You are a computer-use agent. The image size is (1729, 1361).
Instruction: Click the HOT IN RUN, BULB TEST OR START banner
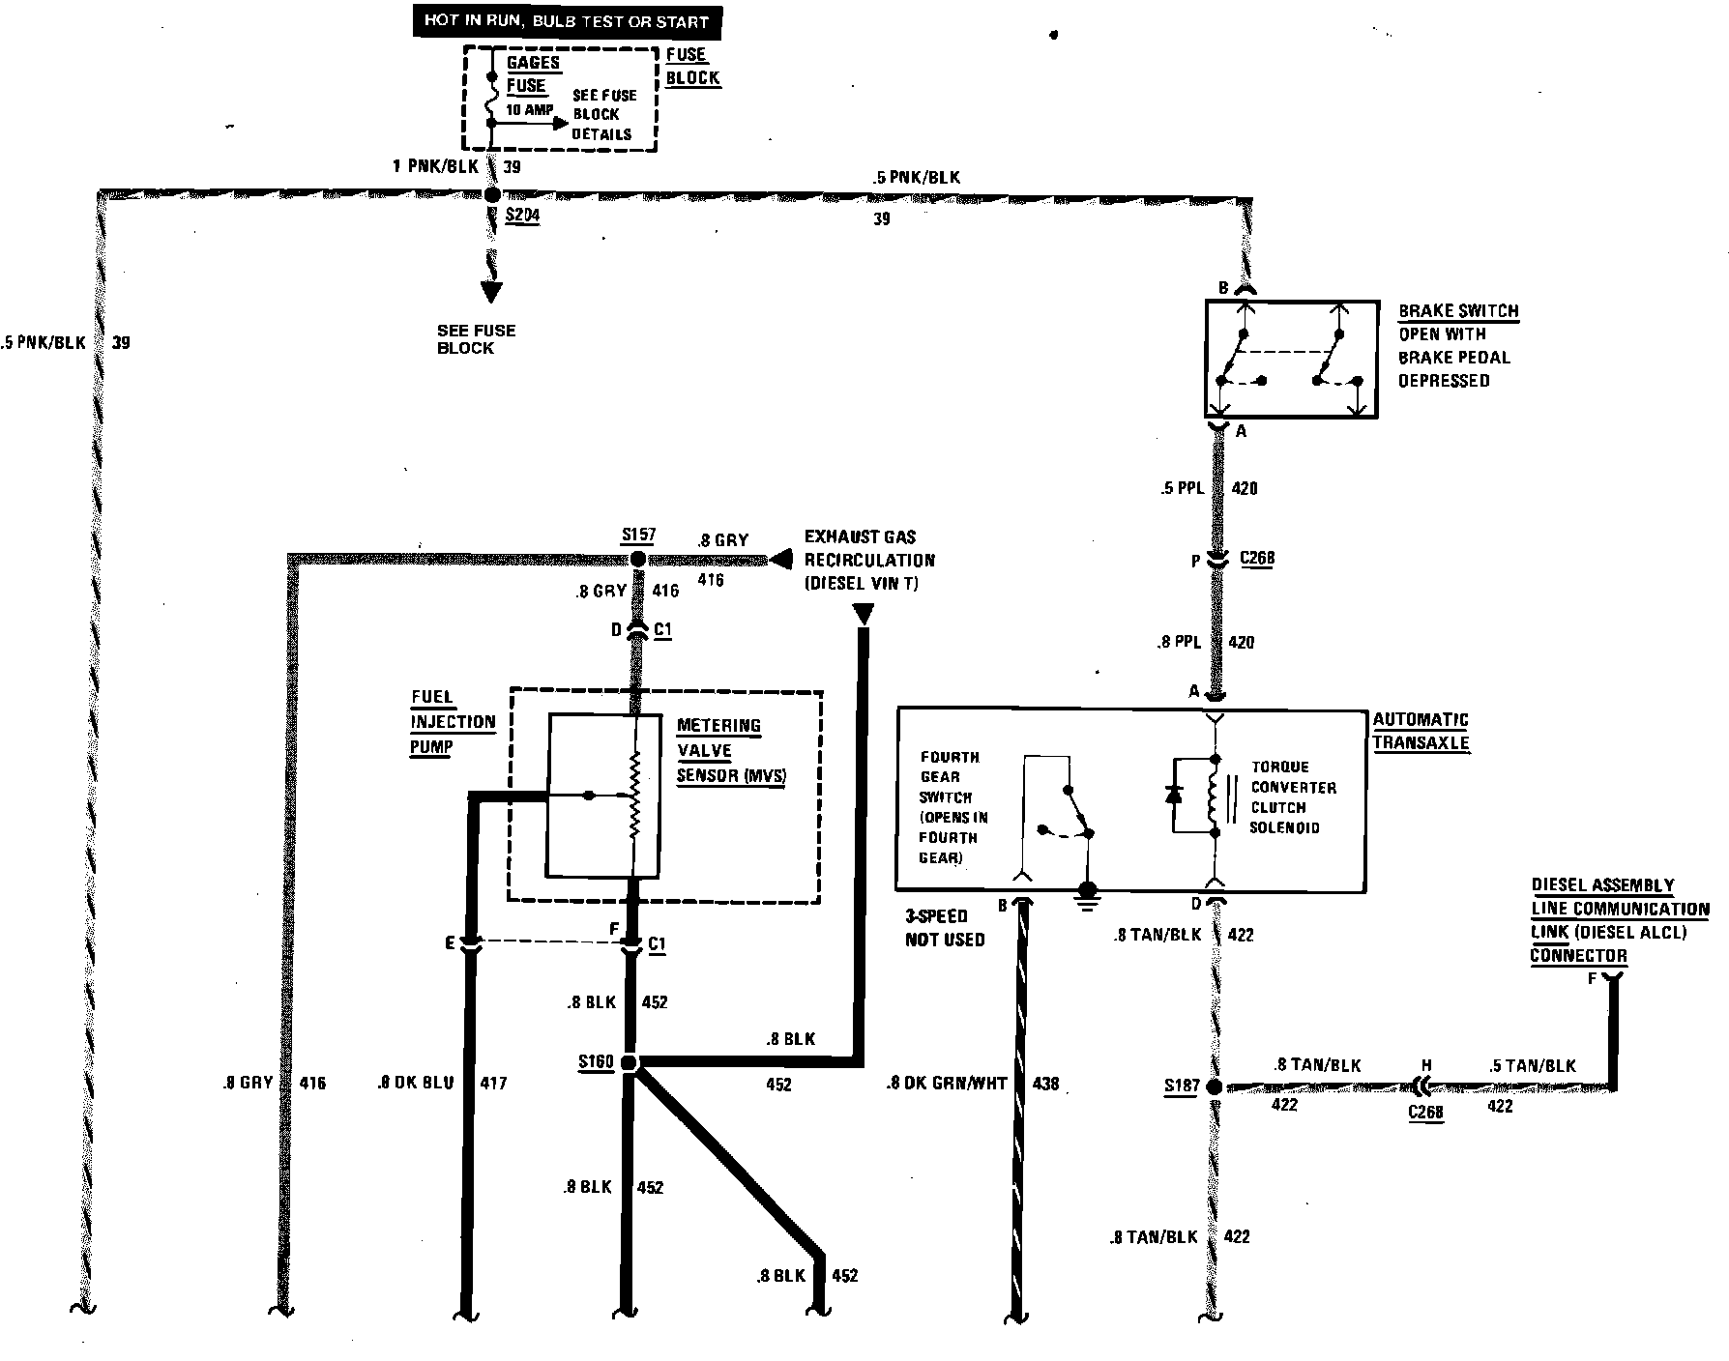pyautogui.click(x=567, y=21)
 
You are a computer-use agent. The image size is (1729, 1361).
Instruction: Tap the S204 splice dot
pyautogui.click(x=492, y=194)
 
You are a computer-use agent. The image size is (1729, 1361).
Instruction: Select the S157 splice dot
pyautogui.click(x=637, y=559)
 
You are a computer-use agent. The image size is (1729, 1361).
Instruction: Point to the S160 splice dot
pyautogui.click(x=630, y=1063)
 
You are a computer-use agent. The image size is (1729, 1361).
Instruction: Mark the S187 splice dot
pyautogui.click(x=1216, y=1086)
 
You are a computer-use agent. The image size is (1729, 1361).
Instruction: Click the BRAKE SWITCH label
pyautogui.click(x=1458, y=311)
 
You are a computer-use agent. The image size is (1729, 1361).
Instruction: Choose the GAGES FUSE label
pyautogui.click(x=532, y=74)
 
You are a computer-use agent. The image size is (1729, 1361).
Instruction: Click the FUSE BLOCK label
pyautogui.click(x=692, y=66)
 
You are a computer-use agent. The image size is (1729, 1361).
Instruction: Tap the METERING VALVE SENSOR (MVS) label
pyautogui.click(x=730, y=750)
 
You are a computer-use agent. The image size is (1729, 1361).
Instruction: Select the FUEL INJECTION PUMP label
pyautogui.click(x=452, y=721)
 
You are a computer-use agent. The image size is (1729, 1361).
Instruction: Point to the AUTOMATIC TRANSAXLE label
pyautogui.click(x=1421, y=731)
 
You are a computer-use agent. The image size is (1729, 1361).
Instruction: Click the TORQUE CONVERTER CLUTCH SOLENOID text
pyautogui.click(x=1292, y=796)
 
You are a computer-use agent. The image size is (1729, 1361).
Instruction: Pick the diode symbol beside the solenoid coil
pyautogui.click(x=1175, y=795)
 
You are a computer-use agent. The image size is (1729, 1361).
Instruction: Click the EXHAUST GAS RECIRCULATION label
pyautogui.click(x=869, y=560)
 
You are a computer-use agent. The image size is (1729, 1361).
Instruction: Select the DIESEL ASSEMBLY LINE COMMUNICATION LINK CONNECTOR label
pyautogui.click(x=1618, y=920)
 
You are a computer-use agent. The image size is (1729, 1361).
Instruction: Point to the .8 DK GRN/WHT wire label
pyautogui.click(x=946, y=1084)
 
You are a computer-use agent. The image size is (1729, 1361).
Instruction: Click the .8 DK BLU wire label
pyautogui.click(x=416, y=1083)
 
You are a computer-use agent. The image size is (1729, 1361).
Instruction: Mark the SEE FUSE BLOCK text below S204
pyautogui.click(x=476, y=338)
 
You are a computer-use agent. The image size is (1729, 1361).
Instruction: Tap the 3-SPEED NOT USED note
pyautogui.click(x=945, y=927)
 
